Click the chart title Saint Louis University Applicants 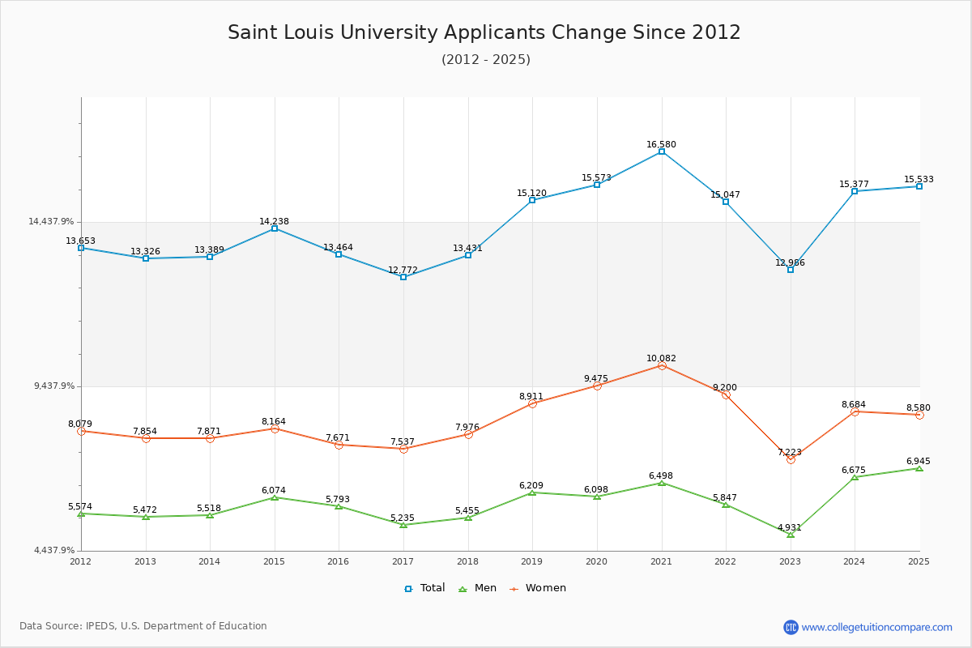click(x=484, y=32)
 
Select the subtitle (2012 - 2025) click(x=485, y=60)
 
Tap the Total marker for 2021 click(x=662, y=151)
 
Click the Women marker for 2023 click(x=791, y=459)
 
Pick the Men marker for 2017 click(x=403, y=525)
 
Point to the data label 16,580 click(x=661, y=145)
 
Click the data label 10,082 click(x=661, y=359)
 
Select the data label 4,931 click(x=789, y=528)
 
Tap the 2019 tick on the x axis click(x=532, y=561)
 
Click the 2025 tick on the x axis click(x=919, y=561)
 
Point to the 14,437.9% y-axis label click(x=51, y=222)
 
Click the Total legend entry click(x=425, y=588)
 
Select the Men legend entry click(x=479, y=588)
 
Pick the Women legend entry click(x=538, y=588)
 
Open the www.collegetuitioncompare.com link click(x=876, y=627)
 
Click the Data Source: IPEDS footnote click(x=143, y=626)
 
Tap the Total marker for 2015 click(x=275, y=228)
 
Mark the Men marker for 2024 click(x=855, y=477)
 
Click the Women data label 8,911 click(x=531, y=397)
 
